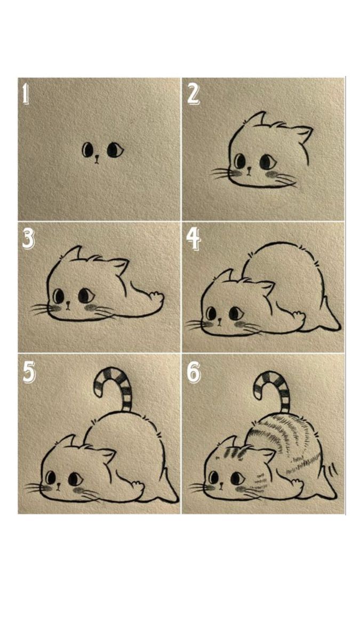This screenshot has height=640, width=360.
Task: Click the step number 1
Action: click(25, 93)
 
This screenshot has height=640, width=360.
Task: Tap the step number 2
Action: click(193, 93)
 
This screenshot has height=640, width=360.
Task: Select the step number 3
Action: click(28, 240)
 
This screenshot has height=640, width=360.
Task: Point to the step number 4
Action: click(194, 240)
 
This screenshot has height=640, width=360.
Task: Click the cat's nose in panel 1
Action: click(97, 158)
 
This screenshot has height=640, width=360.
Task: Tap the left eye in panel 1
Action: click(87, 150)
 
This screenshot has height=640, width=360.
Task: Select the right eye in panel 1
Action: click(114, 150)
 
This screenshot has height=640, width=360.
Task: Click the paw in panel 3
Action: click(155, 297)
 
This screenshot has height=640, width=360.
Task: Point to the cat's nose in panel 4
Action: click(221, 323)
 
